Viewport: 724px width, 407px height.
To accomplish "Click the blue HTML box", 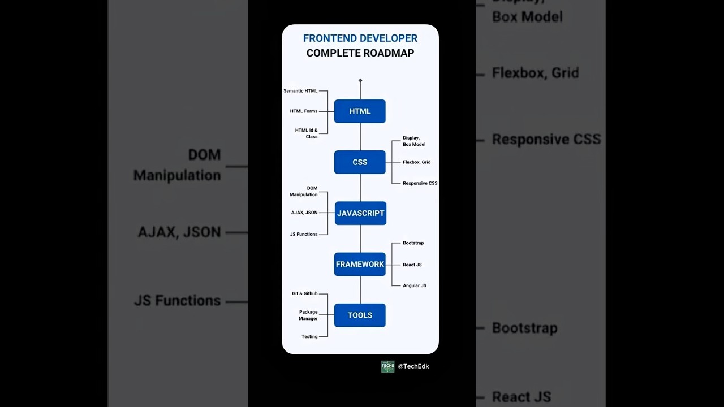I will pos(360,111).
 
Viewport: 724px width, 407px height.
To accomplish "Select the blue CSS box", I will pos(360,162).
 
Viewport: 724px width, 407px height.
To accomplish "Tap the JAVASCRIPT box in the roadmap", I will pos(360,213).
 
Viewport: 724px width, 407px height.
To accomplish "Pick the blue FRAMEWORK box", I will pos(360,264).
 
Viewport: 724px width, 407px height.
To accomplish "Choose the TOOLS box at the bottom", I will pos(360,315).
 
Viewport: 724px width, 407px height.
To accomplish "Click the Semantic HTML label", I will pos(300,91).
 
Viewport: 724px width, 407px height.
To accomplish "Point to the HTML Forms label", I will pos(304,111).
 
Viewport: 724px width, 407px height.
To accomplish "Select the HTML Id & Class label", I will pos(307,133).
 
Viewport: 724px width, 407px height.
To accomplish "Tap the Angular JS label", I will pos(415,285).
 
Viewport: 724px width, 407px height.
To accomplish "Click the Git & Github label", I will pos(305,294).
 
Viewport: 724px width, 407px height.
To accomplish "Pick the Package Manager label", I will pos(308,315).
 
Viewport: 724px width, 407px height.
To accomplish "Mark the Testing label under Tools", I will pos(309,337).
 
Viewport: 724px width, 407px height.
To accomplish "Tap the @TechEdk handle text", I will pos(413,366).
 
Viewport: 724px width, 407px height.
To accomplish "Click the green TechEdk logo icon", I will pos(387,366).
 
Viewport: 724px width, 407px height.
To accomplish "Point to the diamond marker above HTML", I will pos(360,80).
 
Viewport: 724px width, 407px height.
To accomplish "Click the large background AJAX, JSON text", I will pos(179,232).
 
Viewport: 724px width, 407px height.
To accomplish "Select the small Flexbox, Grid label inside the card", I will pos(416,162).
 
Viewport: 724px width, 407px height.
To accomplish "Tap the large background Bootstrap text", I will pos(524,328).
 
